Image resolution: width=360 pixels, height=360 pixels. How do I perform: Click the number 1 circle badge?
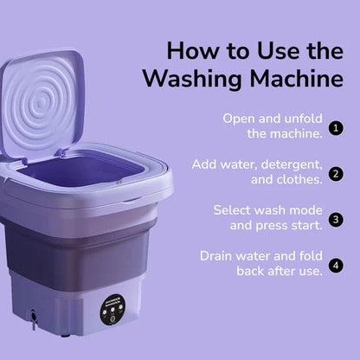coord(336,127)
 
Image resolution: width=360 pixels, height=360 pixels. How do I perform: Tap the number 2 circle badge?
coord(336,173)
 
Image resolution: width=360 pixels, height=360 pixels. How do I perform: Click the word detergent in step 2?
coord(292,164)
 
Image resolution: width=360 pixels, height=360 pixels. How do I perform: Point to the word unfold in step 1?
coord(299,119)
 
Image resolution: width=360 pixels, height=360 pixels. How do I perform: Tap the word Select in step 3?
coord(233,210)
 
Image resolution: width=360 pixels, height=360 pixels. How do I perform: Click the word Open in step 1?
coord(240,119)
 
